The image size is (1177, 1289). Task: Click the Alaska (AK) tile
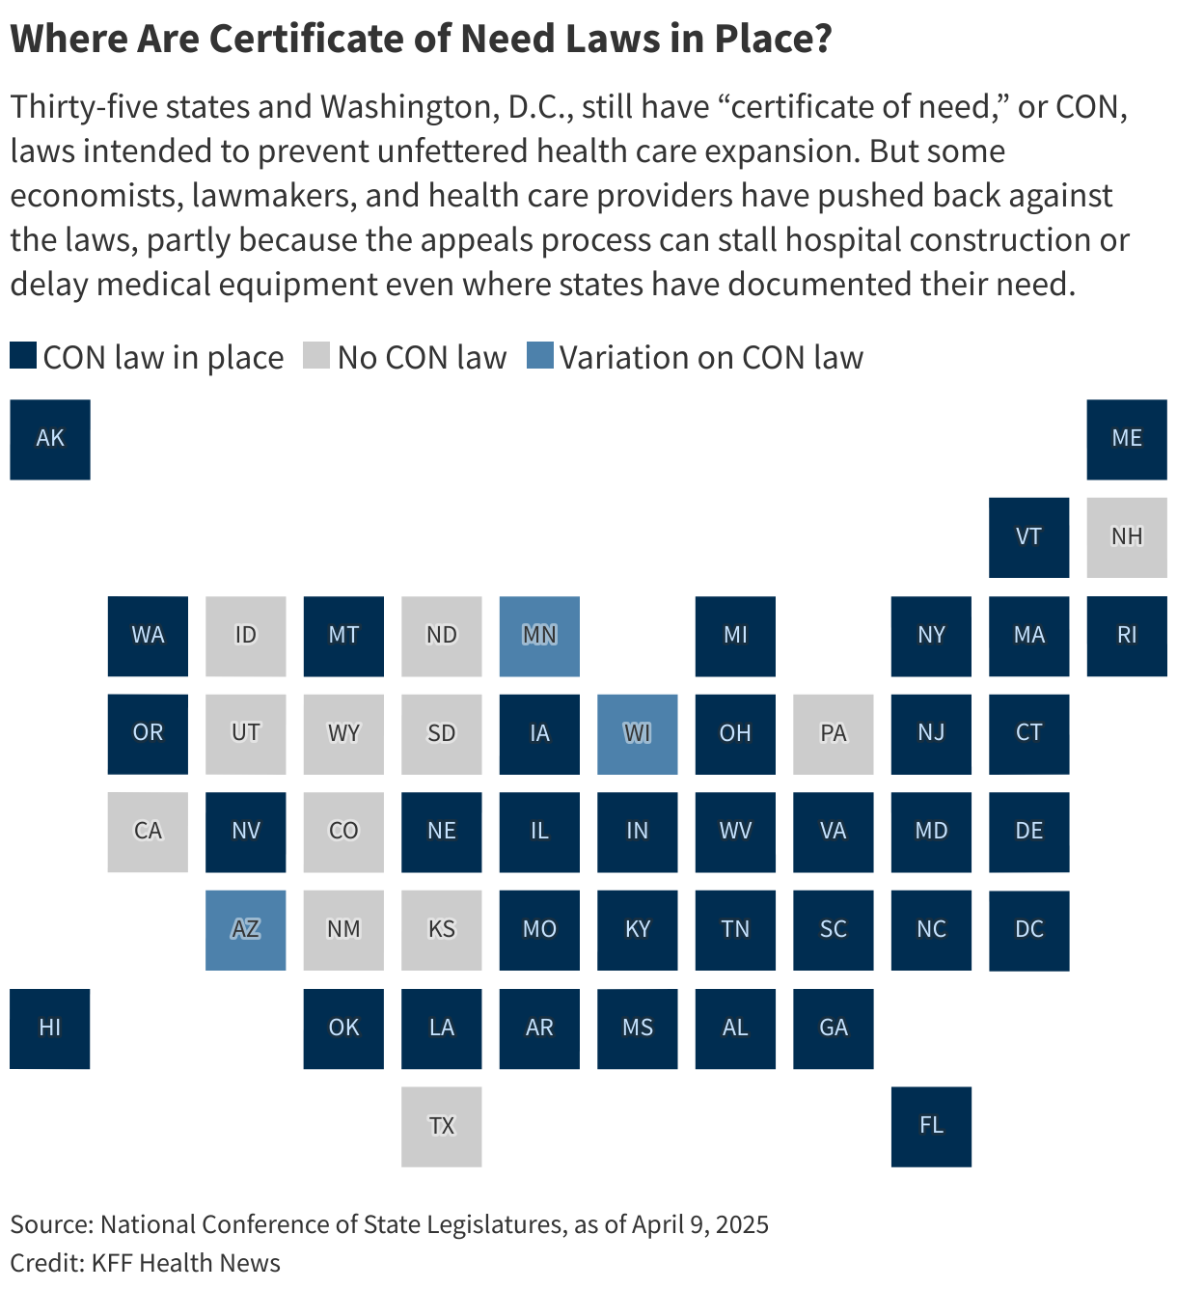(x=50, y=439)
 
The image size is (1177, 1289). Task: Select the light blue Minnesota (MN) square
(x=539, y=636)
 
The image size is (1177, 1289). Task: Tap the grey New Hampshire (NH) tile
(x=1126, y=537)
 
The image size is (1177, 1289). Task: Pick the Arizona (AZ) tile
(x=245, y=930)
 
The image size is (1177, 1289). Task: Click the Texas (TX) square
(x=441, y=1127)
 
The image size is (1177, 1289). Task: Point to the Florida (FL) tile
(x=931, y=1127)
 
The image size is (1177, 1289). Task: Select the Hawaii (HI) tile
(x=50, y=1028)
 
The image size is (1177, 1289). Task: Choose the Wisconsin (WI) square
(x=637, y=734)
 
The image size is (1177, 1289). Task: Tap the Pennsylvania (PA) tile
(x=833, y=734)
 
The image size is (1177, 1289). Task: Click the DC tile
(x=1028, y=930)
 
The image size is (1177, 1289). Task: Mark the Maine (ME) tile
(x=1126, y=439)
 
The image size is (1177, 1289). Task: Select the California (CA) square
(x=148, y=832)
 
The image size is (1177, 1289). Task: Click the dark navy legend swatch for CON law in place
(x=23, y=356)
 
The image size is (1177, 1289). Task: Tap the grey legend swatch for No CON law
(x=316, y=356)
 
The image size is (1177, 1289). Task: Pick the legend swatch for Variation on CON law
(x=540, y=356)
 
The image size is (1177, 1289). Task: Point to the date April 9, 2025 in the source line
(x=700, y=1224)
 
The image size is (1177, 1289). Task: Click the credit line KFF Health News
(x=185, y=1263)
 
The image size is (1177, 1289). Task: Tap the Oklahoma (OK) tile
(x=343, y=1028)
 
